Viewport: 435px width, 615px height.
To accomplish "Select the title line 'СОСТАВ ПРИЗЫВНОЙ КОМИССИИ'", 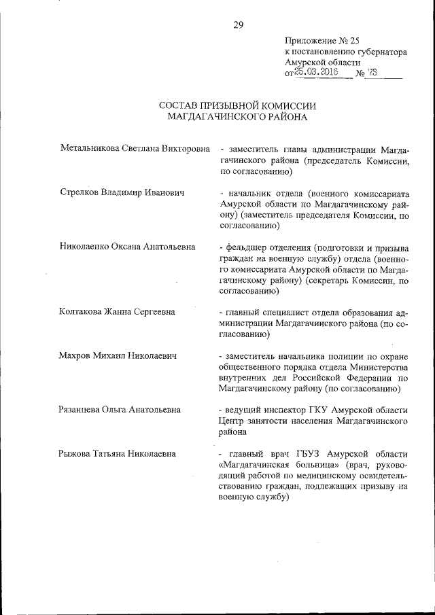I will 238,105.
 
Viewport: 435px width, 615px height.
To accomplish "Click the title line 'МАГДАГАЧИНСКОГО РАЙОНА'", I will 238,117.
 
